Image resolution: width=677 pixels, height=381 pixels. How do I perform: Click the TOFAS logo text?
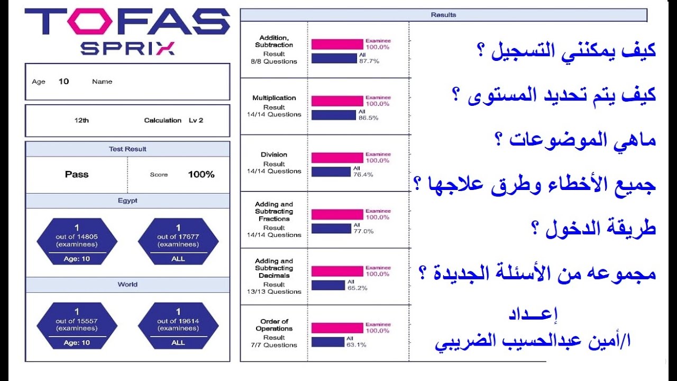click(x=127, y=22)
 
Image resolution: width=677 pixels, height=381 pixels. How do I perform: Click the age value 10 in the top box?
click(x=63, y=81)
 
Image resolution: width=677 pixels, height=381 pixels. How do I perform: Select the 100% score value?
click(x=201, y=175)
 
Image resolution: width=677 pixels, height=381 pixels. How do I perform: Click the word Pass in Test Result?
click(x=77, y=175)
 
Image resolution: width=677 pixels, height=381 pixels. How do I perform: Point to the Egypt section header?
click(x=127, y=201)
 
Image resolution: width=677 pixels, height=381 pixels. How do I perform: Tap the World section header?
click(x=127, y=285)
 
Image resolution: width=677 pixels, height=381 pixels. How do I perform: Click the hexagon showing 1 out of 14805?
click(x=77, y=241)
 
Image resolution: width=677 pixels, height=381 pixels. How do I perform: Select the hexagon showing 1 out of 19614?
click(x=178, y=325)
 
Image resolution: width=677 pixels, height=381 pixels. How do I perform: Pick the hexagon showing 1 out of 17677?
click(x=178, y=241)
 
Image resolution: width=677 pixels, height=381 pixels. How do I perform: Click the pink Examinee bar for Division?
click(x=337, y=158)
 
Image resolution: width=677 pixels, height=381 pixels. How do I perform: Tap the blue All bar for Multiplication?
click(x=333, y=115)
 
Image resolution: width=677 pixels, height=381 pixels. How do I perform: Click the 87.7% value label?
click(x=369, y=61)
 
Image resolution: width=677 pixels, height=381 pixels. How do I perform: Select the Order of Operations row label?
click(x=274, y=325)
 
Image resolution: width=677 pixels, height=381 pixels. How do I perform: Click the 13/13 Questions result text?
click(x=274, y=292)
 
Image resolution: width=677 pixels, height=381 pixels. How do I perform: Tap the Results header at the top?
click(x=443, y=15)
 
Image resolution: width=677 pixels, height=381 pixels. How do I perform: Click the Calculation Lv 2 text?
click(x=173, y=121)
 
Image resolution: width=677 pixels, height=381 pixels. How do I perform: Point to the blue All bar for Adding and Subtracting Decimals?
click(x=328, y=285)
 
